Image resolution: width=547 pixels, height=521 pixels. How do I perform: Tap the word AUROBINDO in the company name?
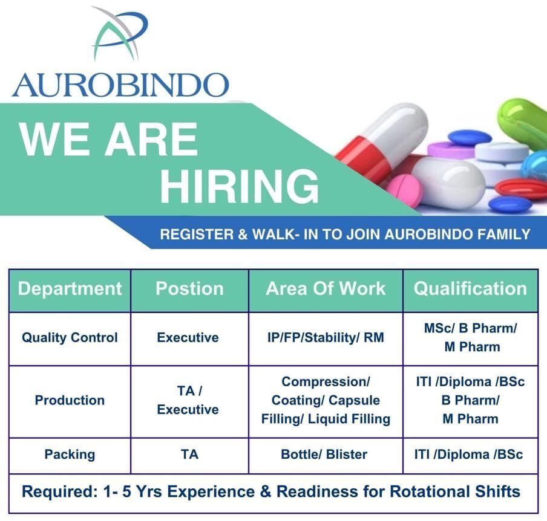pos(120,85)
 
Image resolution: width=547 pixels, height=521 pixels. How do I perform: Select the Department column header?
pos(70,288)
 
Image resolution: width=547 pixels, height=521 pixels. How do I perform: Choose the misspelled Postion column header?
pos(189,288)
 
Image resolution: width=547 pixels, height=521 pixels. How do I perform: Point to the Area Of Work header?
pos(326,288)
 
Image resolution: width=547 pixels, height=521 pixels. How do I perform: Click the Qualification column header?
pos(470,288)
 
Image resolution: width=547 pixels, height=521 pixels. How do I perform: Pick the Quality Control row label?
pos(70,337)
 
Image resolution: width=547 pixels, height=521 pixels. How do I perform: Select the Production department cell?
pos(70,400)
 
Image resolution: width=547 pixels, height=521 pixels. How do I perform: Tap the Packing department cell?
pos(70,455)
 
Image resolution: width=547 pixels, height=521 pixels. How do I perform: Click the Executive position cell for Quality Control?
pos(188,337)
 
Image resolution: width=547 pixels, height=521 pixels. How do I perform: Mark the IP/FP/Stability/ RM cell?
pos(326,337)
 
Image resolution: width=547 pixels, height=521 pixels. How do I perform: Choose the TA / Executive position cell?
pos(188,400)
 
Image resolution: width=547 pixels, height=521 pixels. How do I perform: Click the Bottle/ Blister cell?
pos(324,455)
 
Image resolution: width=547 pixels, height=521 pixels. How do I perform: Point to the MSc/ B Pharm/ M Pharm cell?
pos(470,337)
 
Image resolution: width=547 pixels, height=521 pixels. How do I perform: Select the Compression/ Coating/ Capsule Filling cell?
pos(326,400)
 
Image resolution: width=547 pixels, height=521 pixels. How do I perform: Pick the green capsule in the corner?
pos(523,124)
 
